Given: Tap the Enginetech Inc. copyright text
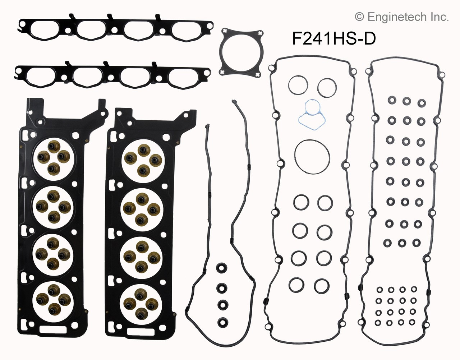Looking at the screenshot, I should (x=401, y=17).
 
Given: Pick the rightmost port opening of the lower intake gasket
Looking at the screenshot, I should (x=186, y=76).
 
